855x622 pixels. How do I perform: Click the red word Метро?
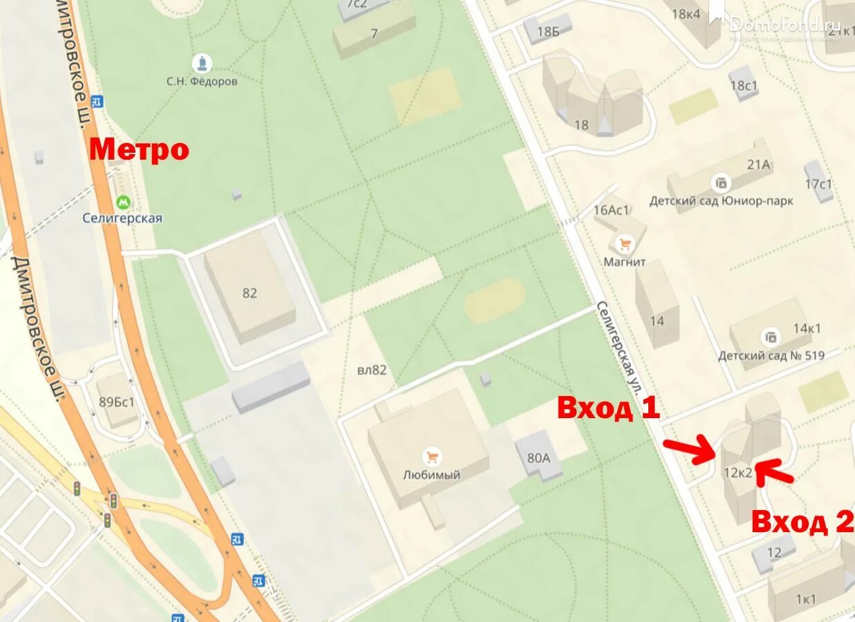click(x=139, y=149)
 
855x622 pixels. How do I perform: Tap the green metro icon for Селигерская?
click(x=123, y=202)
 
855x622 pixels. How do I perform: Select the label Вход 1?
click(x=608, y=408)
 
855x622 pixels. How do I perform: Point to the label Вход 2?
click(x=802, y=522)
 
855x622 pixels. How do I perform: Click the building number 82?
click(x=250, y=293)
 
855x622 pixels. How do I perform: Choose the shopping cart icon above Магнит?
click(x=625, y=244)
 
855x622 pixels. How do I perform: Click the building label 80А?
click(x=538, y=457)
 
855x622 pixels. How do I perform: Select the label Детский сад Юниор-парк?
click(x=721, y=201)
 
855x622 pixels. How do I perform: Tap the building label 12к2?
click(x=737, y=473)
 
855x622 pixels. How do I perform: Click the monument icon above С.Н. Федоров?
click(x=202, y=64)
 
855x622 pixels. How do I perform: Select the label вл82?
click(x=372, y=370)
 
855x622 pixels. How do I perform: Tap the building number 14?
click(x=657, y=321)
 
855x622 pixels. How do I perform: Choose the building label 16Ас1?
click(x=612, y=211)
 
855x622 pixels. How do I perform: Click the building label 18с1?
click(x=744, y=86)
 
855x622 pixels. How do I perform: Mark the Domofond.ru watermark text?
click(x=784, y=24)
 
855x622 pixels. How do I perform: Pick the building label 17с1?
click(x=818, y=184)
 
